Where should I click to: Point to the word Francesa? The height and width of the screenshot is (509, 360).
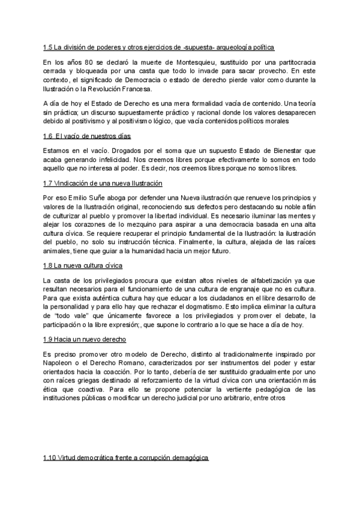(136, 88)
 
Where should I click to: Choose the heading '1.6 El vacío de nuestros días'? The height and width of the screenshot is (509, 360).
(87, 136)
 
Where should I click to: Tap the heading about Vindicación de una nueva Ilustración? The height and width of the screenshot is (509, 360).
(103, 183)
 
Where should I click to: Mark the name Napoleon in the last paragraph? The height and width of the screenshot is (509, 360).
(63, 363)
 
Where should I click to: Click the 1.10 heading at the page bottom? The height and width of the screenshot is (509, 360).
(125, 458)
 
